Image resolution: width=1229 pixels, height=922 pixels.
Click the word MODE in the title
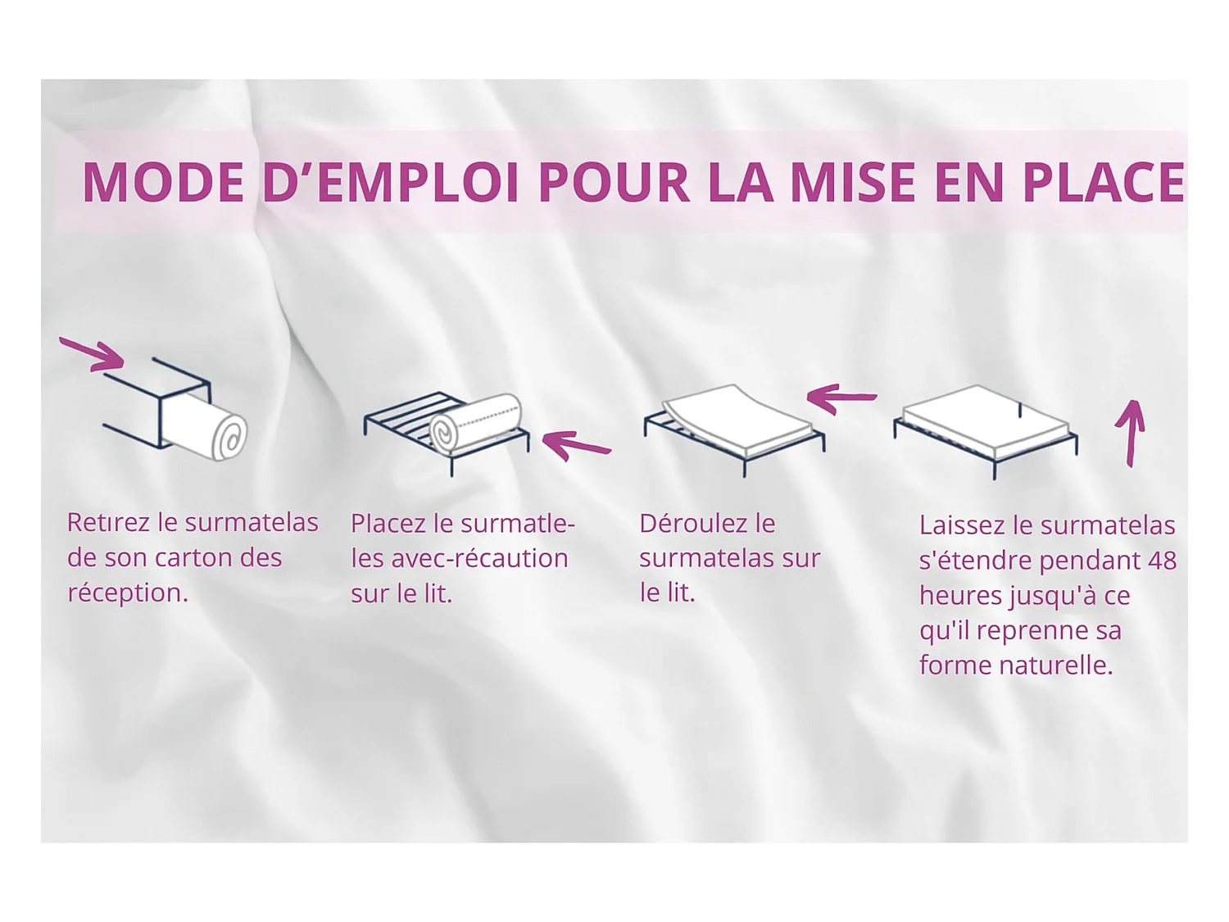click(163, 182)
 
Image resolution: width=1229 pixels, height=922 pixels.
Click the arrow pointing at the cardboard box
click(93, 353)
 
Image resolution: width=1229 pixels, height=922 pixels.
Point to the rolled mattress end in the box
click(229, 437)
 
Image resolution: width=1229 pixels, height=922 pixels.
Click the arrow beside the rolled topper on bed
click(576, 446)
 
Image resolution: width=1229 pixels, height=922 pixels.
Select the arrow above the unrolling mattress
click(841, 398)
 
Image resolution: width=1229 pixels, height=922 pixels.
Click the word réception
click(126, 593)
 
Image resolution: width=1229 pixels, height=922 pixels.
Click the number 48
click(1162, 561)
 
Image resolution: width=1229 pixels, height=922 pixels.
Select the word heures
click(959, 596)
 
